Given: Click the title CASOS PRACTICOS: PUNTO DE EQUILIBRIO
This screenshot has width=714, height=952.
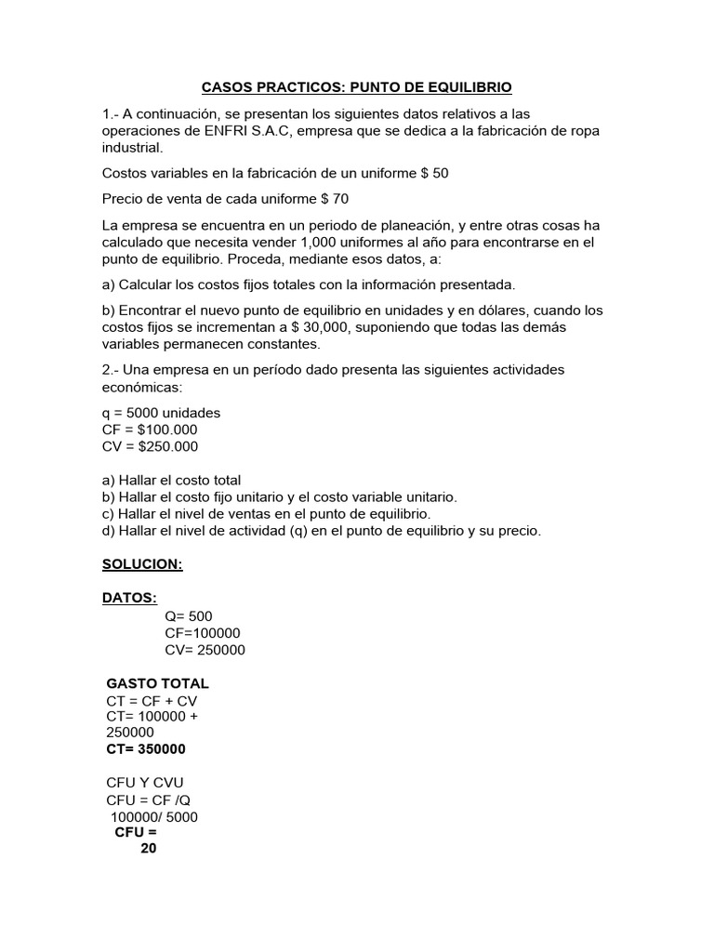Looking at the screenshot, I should [x=357, y=88].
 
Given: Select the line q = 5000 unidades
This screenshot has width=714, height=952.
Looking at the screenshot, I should [x=161, y=413].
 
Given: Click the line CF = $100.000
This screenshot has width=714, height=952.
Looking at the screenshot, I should [x=150, y=430].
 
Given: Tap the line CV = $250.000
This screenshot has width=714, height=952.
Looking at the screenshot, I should [x=151, y=446].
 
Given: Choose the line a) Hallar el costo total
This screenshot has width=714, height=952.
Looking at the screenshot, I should [x=171, y=481].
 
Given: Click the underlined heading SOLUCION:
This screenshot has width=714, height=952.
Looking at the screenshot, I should [x=142, y=565].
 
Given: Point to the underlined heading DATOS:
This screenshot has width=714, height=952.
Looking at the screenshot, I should [x=129, y=598].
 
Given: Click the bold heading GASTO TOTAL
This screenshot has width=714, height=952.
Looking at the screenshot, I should [x=158, y=683].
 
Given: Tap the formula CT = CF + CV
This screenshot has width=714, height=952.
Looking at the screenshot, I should [x=152, y=700].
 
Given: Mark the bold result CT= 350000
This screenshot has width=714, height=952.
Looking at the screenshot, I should [x=146, y=749].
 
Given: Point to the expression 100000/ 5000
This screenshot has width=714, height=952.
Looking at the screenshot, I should [x=154, y=817].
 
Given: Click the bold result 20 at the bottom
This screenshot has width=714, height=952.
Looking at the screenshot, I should [x=148, y=848].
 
